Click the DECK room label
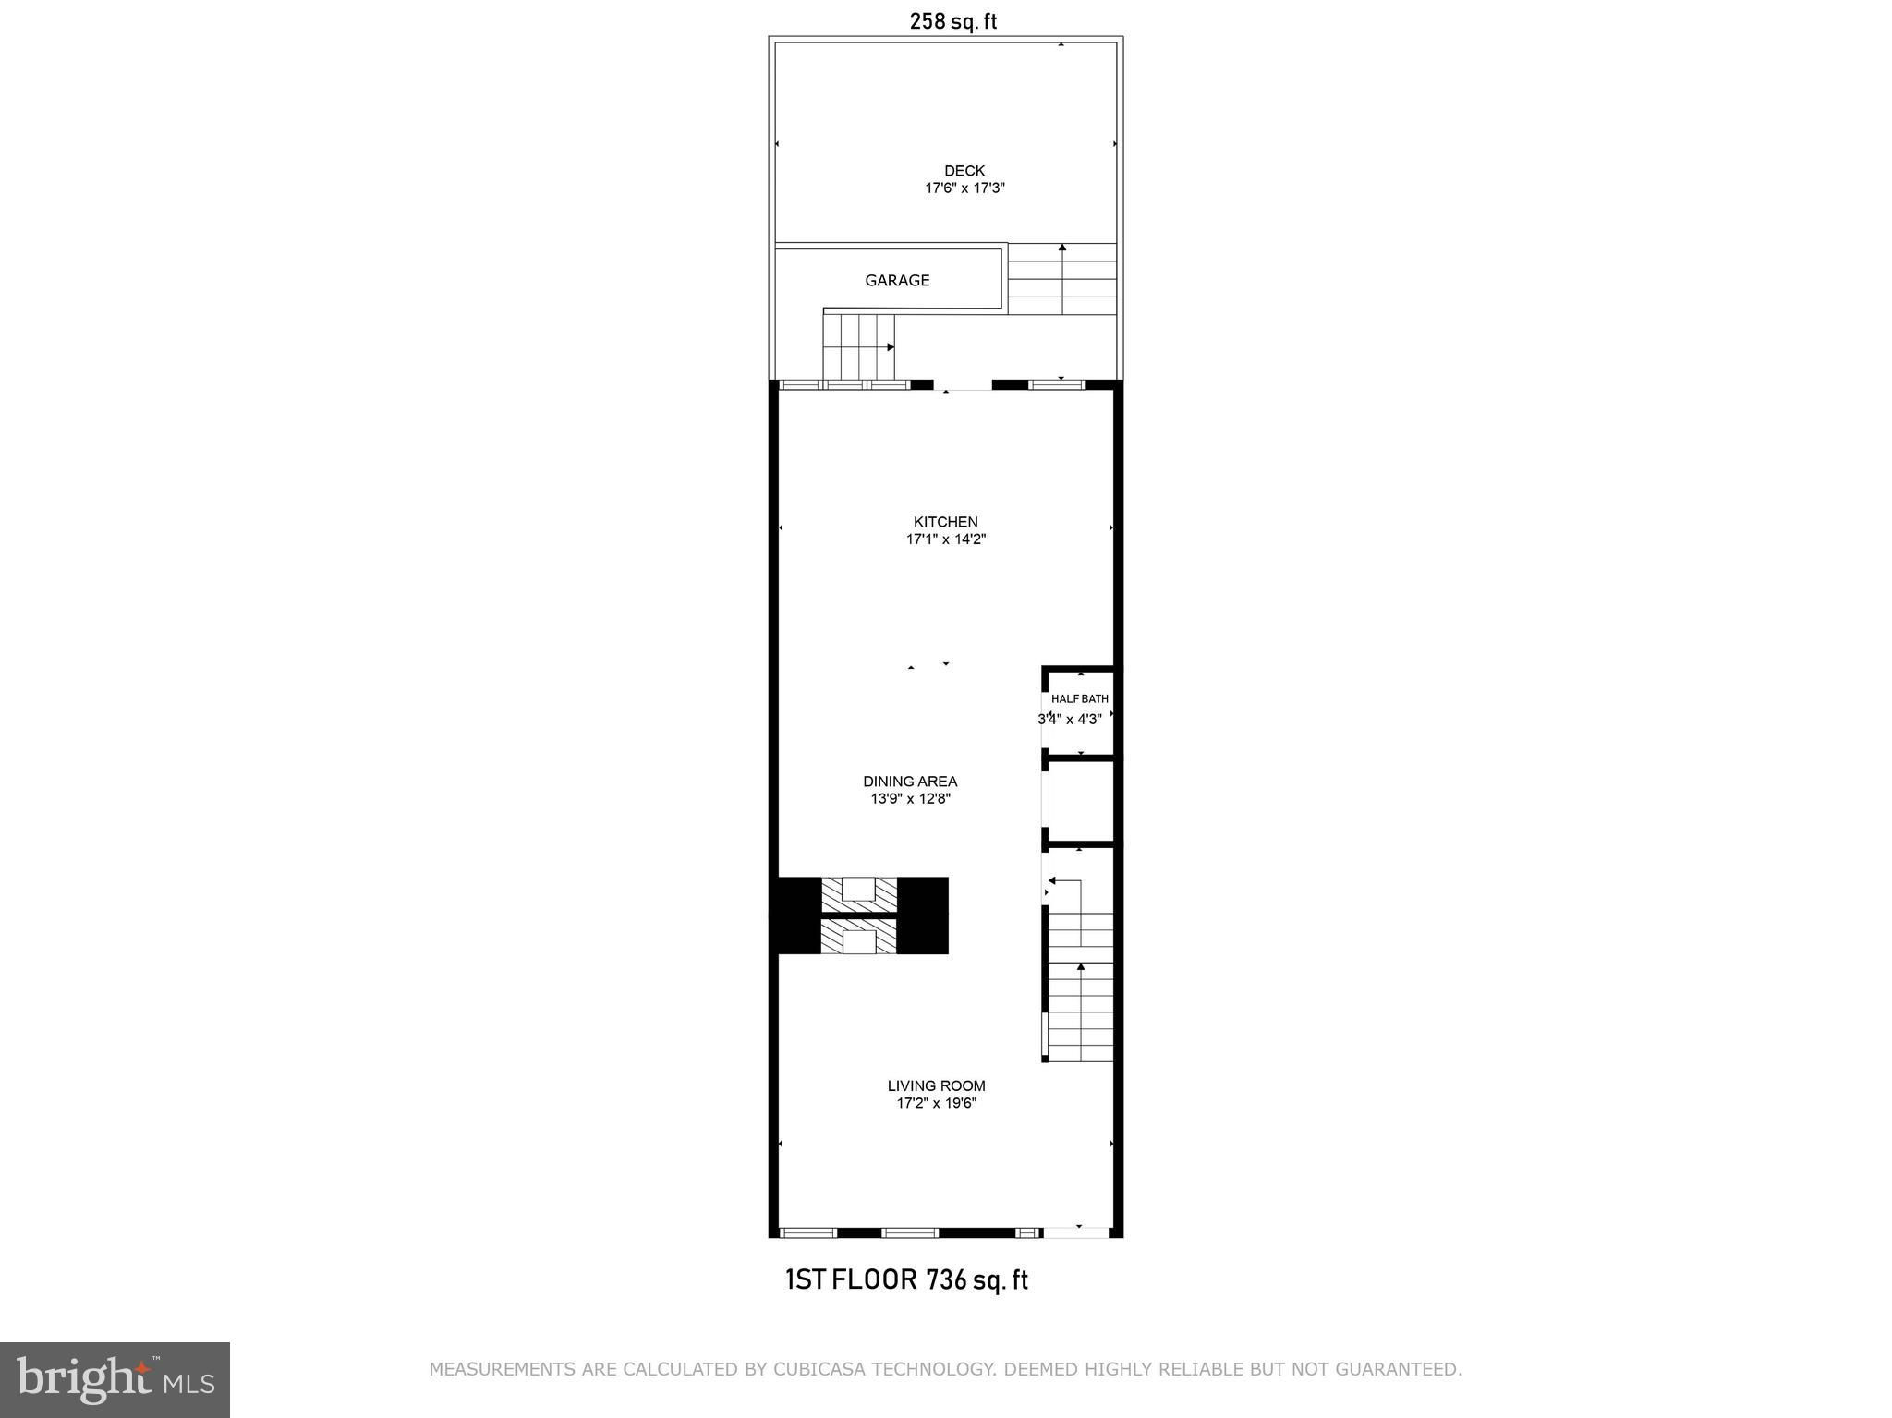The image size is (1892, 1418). coord(964,171)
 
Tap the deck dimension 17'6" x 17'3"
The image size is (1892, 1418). coord(964,188)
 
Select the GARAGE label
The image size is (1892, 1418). coord(897,281)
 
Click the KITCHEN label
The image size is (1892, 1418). coord(946,522)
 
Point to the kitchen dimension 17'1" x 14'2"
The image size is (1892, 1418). coord(946,539)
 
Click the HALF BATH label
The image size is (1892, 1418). coord(1080,699)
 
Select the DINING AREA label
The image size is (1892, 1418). coord(910,782)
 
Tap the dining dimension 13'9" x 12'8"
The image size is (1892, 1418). coord(910,799)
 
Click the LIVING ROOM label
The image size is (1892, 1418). coord(937,1085)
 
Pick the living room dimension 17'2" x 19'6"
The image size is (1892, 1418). coord(937,1103)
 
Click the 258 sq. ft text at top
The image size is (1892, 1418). coord(953,21)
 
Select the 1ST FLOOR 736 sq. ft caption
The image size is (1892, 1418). coord(906,1280)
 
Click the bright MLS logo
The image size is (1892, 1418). coord(115,1379)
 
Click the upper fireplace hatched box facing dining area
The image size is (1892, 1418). coord(859,894)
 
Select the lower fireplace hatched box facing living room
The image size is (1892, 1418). coord(859,937)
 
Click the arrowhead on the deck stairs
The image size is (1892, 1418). coord(1062,248)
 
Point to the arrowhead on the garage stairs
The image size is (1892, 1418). coord(891,347)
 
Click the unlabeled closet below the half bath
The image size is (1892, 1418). coord(1080,801)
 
